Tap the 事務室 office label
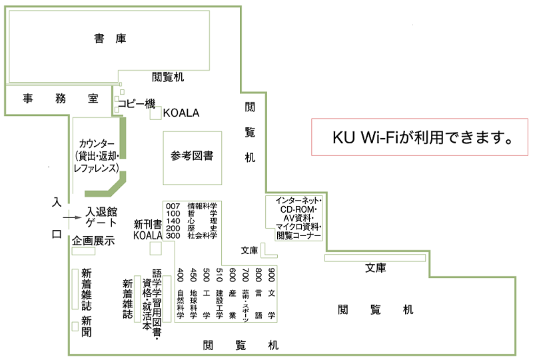pyautogui.click(x=61, y=99)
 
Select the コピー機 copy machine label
pyautogui.click(x=137, y=104)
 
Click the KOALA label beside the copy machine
pyautogui.click(x=181, y=113)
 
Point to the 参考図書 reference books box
pyautogui.click(x=193, y=157)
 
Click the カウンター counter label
pyautogui.click(x=97, y=157)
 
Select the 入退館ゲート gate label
pyautogui.click(x=101, y=217)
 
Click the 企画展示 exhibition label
pyautogui.click(x=94, y=241)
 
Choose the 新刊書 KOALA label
pyautogui.click(x=148, y=229)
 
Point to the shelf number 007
pyautogui.click(x=173, y=206)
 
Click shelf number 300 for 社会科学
pyautogui.click(x=173, y=235)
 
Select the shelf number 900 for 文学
pyautogui.click(x=271, y=274)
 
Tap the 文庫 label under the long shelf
pyautogui.click(x=375, y=268)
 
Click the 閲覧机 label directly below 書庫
pyautogui.click(x=168, y=77)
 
